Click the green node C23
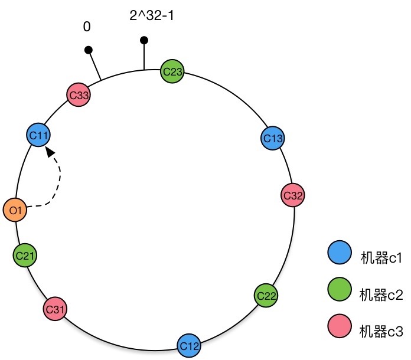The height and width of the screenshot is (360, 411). (173, 72)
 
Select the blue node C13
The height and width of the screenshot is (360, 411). (273, 138)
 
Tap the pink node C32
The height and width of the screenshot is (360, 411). (293, 195)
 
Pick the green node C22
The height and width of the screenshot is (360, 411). (266, 294)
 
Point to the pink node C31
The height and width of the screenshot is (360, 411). (55, 309)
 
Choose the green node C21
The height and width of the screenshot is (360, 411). (25, 256)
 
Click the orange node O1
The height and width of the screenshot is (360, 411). (15, 210)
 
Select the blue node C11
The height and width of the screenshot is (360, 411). (39, 136)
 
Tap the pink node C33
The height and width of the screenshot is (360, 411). (78, 95)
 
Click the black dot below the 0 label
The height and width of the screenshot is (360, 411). (88, 51)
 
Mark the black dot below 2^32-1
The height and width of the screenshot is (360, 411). (143, 40)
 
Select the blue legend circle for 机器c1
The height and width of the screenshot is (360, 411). (339, 254)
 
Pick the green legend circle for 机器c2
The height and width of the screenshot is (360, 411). (339, 290)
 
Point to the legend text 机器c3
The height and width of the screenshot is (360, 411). (380, 332)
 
